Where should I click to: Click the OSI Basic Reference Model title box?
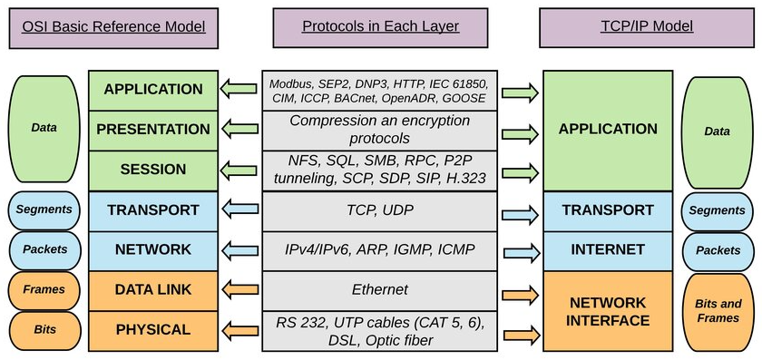coord(113,26)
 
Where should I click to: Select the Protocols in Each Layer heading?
coord(380,26)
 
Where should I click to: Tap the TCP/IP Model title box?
coord(646,26)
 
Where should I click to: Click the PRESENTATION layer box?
coord(152,130)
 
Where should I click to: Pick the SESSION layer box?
coord(152,170)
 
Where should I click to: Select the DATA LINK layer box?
coord(152,289)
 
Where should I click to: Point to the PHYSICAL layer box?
coord(152,330)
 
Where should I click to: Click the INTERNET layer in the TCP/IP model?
coord(608,249)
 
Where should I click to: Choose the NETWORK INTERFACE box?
coord(608,311)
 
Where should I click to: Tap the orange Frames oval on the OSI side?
coord(44,290)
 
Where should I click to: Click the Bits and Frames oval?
coord(718,311)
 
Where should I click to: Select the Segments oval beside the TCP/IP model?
coord(718,210)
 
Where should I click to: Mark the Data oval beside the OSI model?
coord(44,128)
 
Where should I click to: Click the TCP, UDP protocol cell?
coord(379,209)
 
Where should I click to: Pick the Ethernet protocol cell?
coord(379,290)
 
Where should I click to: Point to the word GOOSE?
coord(464,97)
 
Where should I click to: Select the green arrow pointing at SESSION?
coord(239,170)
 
